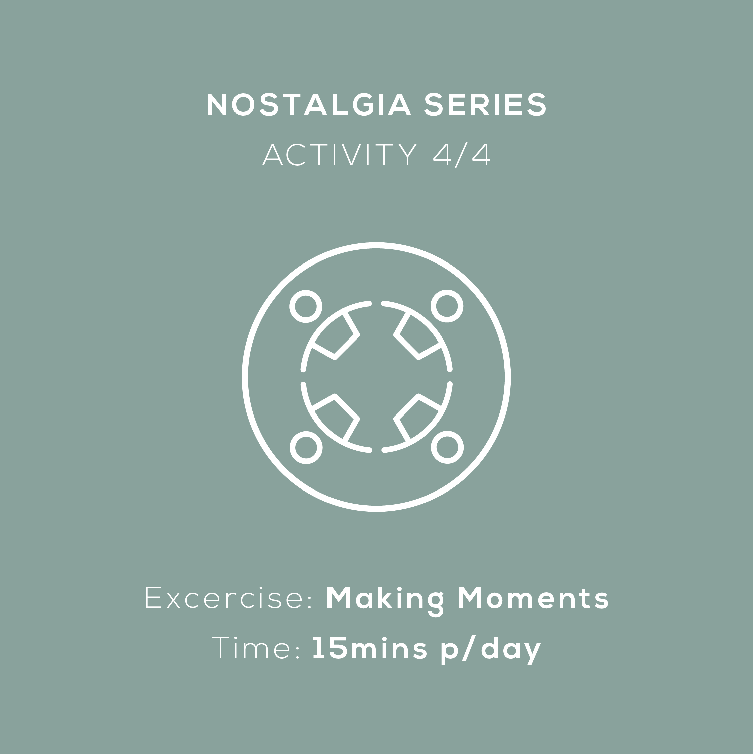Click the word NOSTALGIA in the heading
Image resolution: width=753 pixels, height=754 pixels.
coord(309,104)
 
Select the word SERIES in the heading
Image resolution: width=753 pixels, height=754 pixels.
coord(485,104)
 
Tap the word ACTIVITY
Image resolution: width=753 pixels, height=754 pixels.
coord(340,155)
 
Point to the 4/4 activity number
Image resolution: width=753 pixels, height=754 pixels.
coord(461,155)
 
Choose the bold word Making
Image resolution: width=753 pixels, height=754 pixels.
coord(384,601)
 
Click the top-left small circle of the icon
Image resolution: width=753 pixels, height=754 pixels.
coord(306,306)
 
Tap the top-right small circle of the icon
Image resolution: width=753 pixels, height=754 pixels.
coord(447,306)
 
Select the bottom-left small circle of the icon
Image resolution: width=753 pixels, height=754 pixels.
coord(306,447)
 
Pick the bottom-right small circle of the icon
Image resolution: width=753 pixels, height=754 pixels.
coord(447,447)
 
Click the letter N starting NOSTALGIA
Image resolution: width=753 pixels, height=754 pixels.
coord(217,104)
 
